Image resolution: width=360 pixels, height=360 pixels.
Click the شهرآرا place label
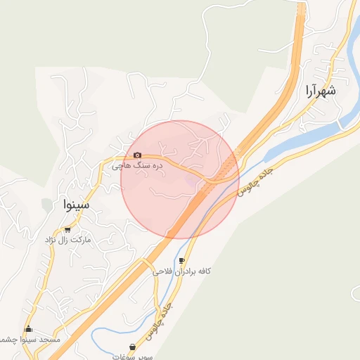pyautogui.click(x=320, y=91)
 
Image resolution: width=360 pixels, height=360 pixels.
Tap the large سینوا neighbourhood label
pyautogui.click(x=75, y=205)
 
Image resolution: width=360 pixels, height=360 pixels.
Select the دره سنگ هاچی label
pyautogui.click(x=138, y=166)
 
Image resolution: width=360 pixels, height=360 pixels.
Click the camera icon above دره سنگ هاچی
pyautogui.click(x=137, y=155)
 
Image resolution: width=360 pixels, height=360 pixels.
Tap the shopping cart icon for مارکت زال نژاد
pyautogui.click(x=67, y=229)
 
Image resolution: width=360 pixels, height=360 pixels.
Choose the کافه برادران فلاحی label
pyautogui.click(x=185, y=271)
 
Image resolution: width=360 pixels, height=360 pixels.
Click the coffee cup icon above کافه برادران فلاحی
pyautogui.click(x=183, y=260)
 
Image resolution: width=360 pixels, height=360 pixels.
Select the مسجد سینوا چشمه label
pyautogui.click(x=31, y=340)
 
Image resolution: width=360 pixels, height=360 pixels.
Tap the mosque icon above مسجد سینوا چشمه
pyautogui.click(x=29, y=329)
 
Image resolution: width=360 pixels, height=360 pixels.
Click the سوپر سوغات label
pyautogui.click(x=134, y=356)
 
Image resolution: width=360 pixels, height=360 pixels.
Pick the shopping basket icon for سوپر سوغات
pyautogui.click(x=133, y=347)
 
